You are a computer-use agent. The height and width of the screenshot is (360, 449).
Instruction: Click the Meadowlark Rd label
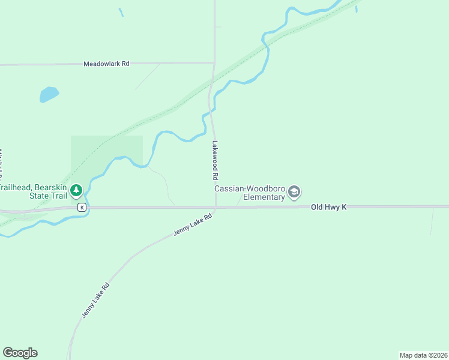click(106, 63)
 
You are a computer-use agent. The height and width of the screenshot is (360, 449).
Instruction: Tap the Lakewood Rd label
click(214, 161)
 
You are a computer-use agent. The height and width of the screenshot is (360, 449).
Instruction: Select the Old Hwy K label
click(329, 206)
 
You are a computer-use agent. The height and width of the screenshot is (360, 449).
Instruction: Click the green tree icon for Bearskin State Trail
click(76, 191)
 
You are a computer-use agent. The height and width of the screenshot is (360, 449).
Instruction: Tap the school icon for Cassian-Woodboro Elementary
click(294, 192)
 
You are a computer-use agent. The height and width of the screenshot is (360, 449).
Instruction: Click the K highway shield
click(82, 207)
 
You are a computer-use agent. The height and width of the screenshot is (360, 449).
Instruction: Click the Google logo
click(20, 353)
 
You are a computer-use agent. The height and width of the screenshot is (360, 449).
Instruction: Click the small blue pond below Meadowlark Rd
click(49, 94)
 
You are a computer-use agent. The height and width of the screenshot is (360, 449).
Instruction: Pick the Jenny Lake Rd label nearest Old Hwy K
click(193, 224)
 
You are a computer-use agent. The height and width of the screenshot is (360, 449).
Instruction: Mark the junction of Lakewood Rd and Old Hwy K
click(215, 208)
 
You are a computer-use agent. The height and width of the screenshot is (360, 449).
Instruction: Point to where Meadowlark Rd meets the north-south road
click(214, 62)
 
